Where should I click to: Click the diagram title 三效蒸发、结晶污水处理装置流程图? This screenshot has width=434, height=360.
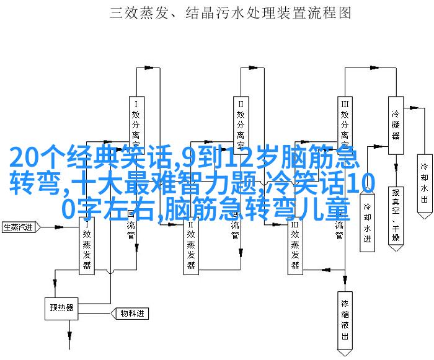coord(230,13)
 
